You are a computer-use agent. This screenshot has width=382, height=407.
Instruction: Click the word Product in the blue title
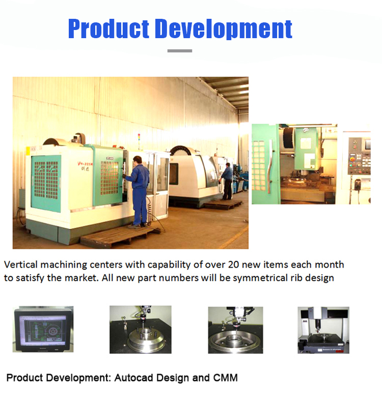coord(108,28)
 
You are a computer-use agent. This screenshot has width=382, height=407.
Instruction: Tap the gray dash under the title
coord(180,51)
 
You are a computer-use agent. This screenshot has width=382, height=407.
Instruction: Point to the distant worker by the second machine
coord(227,181)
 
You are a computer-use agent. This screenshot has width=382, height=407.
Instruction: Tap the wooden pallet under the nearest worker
coord(120,236)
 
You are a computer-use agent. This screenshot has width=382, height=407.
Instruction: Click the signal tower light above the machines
coord(139,141)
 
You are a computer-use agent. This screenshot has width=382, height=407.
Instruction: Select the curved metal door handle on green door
coord(270,166)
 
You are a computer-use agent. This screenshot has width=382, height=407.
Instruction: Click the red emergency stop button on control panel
coord(352,159)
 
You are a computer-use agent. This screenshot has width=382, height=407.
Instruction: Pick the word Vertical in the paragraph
coord(21,265)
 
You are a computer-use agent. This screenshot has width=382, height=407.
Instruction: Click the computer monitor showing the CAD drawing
coord(43,329)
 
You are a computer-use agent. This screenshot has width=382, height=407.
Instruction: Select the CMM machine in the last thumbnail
coord(323,330)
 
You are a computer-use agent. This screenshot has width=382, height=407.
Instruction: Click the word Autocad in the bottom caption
coord(134,378)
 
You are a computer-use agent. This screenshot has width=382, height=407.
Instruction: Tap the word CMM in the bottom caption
coord(225,378)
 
